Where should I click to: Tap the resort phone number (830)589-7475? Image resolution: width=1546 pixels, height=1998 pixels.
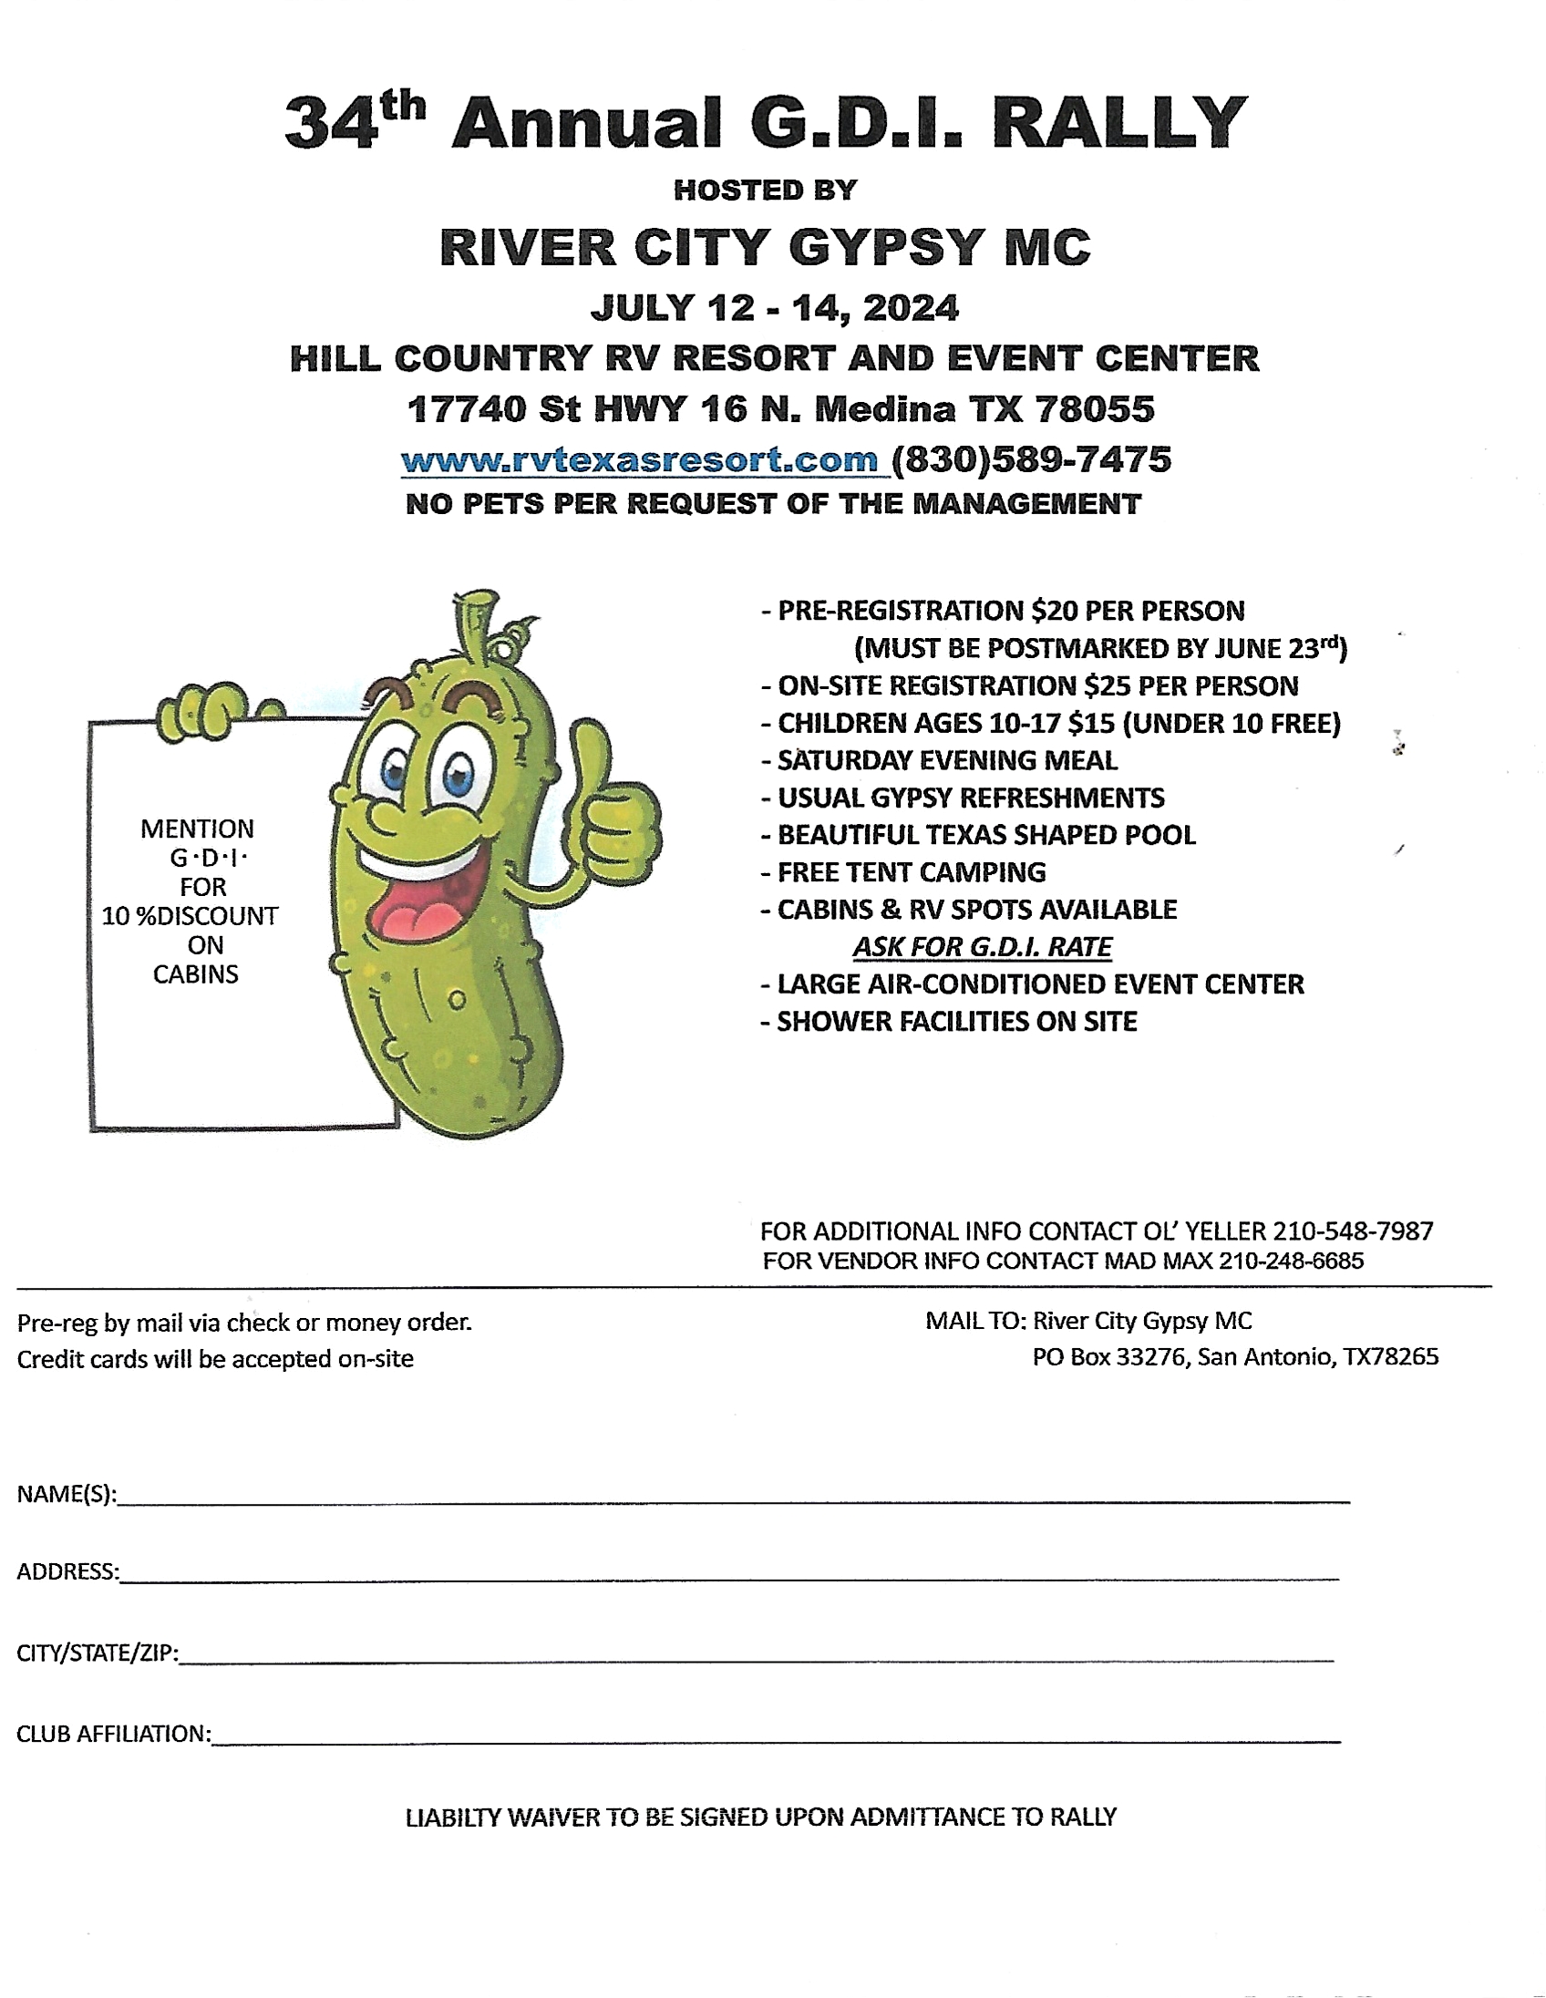click(1031, 459)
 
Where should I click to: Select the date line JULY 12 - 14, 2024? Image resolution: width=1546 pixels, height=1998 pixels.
click(774, 308)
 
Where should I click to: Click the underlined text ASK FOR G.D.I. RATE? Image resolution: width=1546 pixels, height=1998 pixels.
click(982, 946)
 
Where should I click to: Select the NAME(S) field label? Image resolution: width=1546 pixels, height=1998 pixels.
click(66, 1494)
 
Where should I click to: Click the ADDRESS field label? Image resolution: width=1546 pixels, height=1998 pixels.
click(67, 1571)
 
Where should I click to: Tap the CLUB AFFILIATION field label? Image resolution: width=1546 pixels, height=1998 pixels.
click(113, 1734)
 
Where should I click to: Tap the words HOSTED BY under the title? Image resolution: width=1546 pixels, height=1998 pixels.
click(765, 191)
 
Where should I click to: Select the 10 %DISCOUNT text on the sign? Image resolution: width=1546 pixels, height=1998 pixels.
click(190, 916)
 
